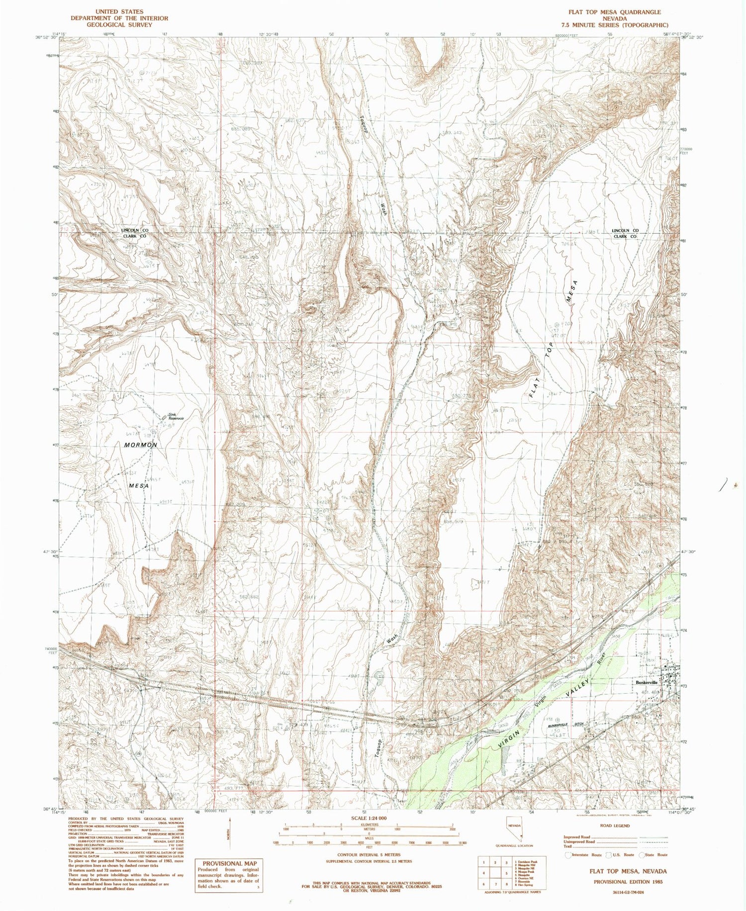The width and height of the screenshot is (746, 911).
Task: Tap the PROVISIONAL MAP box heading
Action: coord(229,863)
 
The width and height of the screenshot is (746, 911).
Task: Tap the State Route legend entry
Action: coord(657,855)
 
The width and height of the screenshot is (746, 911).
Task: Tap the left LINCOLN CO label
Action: coord(135,231)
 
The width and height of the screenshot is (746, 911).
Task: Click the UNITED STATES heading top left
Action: coord(119,11)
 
